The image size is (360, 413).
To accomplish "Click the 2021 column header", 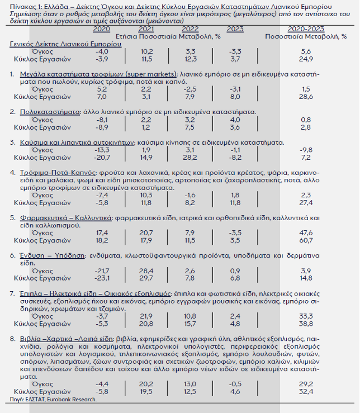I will pos(146,29).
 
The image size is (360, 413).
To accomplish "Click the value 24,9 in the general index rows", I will pos(306,59).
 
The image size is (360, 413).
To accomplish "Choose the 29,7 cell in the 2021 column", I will pos(146,277).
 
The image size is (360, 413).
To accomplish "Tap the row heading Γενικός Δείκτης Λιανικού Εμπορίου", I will pos(65,43).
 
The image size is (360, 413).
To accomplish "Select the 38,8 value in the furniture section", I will pos(306,324).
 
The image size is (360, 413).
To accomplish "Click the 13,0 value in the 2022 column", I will pos(190,384).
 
